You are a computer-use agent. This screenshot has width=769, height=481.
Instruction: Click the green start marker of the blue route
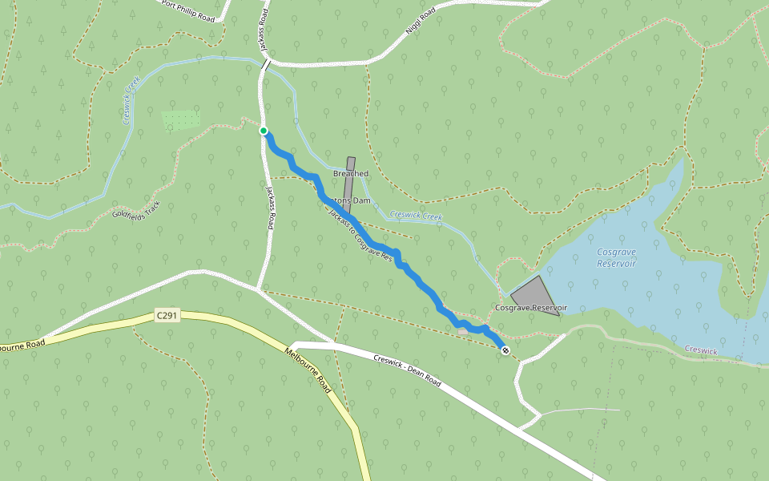(263, 131)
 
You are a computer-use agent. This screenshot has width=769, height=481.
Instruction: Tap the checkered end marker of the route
(505, 350)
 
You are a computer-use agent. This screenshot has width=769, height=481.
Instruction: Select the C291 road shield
(167, 316)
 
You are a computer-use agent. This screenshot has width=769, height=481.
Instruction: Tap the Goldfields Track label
(136, 210)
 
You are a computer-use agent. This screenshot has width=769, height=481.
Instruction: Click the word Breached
(351, 173)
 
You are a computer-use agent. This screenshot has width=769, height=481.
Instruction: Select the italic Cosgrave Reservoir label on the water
(616, 257)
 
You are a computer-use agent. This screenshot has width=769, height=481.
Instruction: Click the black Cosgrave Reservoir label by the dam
(530, 308)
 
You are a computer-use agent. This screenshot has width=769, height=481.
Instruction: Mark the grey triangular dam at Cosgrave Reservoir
(535, 293)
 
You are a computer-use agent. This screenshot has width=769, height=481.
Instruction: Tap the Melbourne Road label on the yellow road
(308, 370)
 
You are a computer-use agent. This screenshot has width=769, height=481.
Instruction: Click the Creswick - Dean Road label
(407, 370)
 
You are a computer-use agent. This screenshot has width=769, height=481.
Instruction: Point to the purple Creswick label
(703, 350)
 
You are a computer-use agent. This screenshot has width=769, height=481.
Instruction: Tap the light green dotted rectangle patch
(180, 120)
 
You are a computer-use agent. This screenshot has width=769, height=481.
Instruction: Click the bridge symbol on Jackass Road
(265, 64)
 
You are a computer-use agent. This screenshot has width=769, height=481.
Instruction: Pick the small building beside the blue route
(462, 329)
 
